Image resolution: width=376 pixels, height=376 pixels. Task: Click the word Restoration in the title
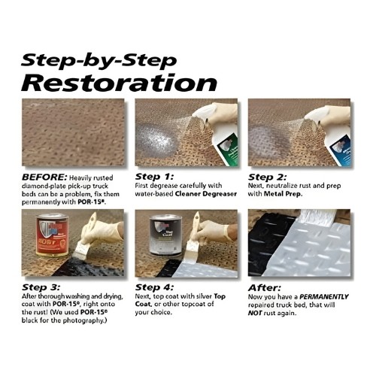(x=119, y=83)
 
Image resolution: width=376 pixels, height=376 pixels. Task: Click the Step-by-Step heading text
(x=99, y=62)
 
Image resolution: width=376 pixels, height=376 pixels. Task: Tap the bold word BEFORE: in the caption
(x=44, y=177)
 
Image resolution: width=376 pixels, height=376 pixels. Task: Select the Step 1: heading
(x=154, y=177)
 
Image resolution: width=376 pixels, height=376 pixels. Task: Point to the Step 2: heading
(x=267, y=177)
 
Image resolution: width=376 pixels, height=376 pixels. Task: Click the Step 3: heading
(x=41, y=287)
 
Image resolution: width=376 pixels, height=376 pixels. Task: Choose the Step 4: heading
(x=154, y=287)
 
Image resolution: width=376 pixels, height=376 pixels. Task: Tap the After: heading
(x=265, y=288)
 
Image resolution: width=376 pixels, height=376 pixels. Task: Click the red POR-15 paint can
(x=52, y=235)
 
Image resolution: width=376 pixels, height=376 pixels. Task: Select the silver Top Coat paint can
(x=165, y=235)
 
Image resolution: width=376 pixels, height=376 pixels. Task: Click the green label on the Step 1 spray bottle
(x=228, y=148)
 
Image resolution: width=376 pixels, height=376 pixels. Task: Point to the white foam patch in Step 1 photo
(x=156, y=140)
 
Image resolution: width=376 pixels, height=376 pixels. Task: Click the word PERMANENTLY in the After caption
(x=324, y=297)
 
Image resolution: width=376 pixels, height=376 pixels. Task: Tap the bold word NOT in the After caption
(x=255, y=313)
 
